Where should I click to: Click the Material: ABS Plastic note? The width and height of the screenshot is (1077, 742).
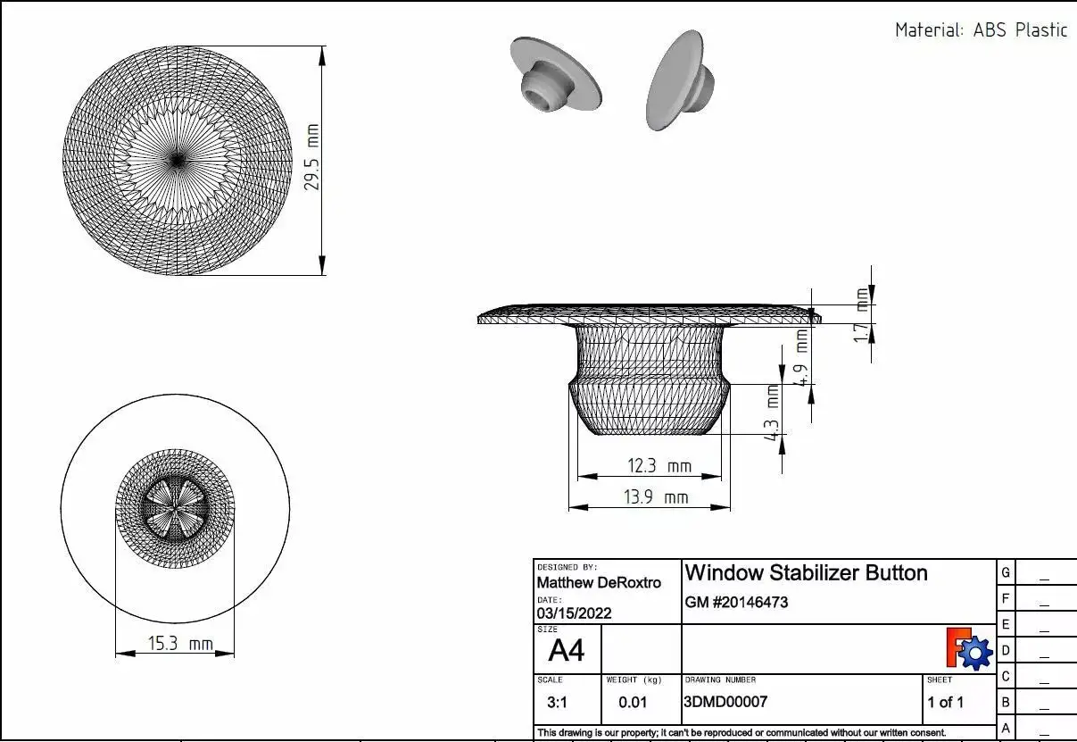click(x=981, y=29)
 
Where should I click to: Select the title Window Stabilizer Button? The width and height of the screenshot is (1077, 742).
click(x=806, y=572)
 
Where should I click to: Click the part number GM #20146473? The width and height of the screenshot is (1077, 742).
click(x=736, y=603)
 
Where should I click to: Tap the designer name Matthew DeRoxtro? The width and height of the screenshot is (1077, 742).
click(x=599, y=583)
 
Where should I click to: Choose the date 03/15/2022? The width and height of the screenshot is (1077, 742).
click(x=574, y=613)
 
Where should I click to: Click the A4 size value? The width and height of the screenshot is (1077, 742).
click(x=566, y=650)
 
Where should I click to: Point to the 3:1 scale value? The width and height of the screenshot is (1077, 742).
click(x=557, y=703)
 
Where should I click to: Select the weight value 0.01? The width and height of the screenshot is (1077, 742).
click(x=633, y=703)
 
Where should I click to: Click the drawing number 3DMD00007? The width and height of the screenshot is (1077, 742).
click(x=725, y=702)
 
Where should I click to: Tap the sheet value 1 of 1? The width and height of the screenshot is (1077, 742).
click(x=945, y=702)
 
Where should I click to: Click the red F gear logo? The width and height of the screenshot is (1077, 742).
click(x=969, y=649)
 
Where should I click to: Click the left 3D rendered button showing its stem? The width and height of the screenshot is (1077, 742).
click(x=554, y=75)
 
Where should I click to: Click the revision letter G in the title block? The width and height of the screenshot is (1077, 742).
click(x=1006, y=572)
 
